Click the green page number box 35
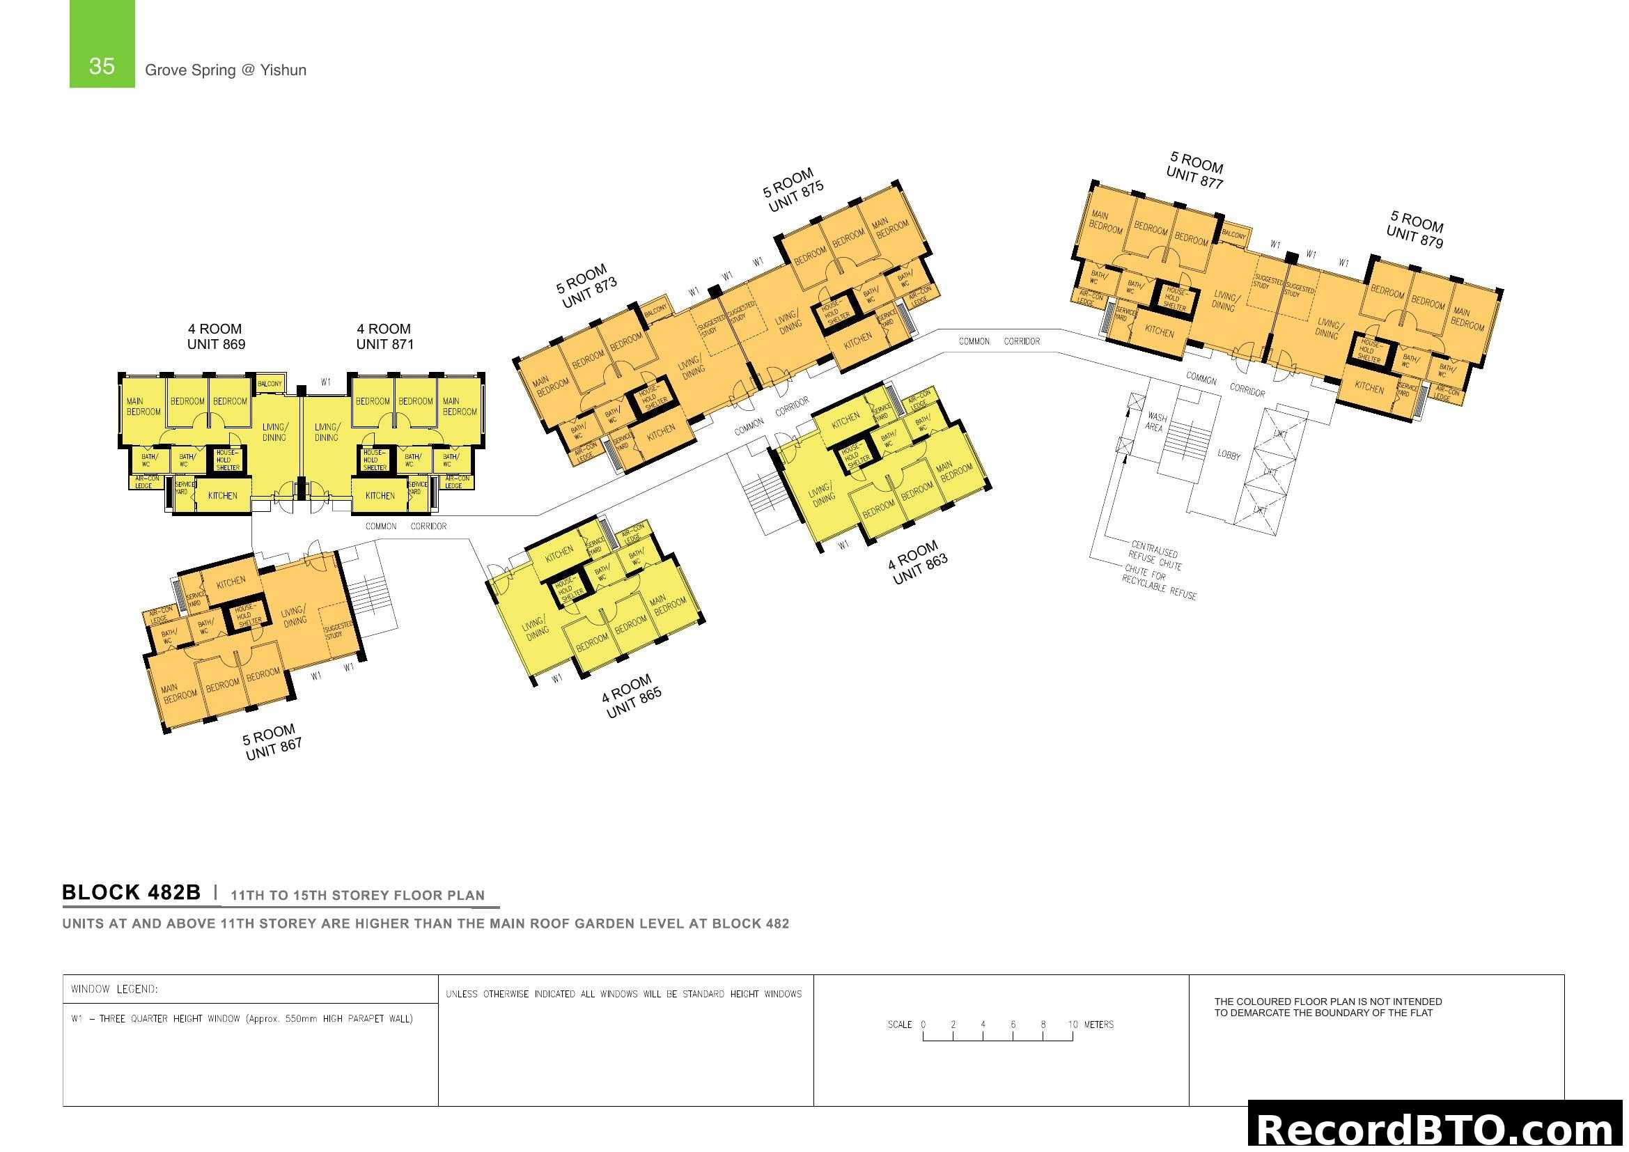coord(102,44)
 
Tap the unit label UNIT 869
coord(217,345)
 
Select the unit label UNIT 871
coord(384,345)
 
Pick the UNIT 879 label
coord(1414,237)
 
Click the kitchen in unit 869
coord(223,496)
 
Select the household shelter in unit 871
coord(375,460)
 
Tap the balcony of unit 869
coord(270,384)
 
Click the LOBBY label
coord(1229,455)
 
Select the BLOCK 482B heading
coord(131,892)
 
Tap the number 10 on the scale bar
coord(1073,1025)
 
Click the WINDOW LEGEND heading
coord(114,990)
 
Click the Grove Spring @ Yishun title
coord(226,70)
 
